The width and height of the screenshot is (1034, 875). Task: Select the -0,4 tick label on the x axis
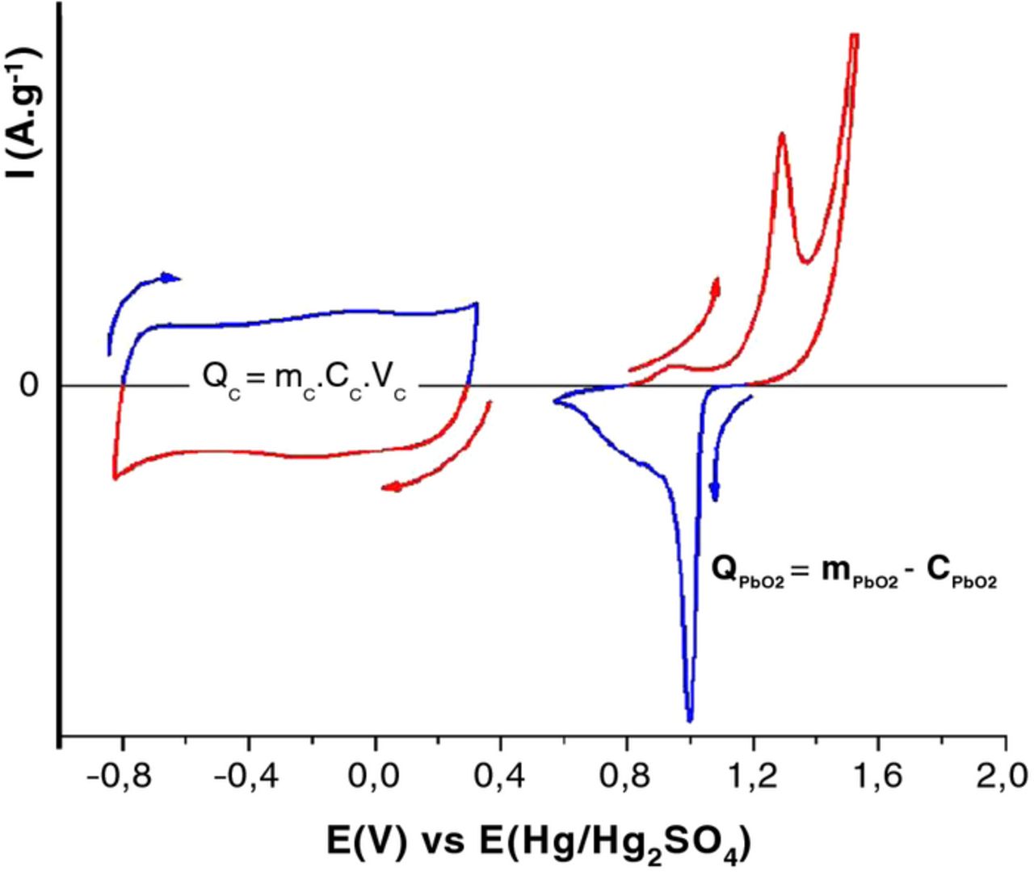click(x=248, y=777)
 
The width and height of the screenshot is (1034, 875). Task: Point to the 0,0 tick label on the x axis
click(x=375, y=777)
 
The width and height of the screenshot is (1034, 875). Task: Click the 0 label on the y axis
click(x=29, y=386)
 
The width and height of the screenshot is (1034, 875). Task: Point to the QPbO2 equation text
click(x=854, y=571)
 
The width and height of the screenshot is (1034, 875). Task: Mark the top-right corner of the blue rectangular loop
click(x=477, y=304)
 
